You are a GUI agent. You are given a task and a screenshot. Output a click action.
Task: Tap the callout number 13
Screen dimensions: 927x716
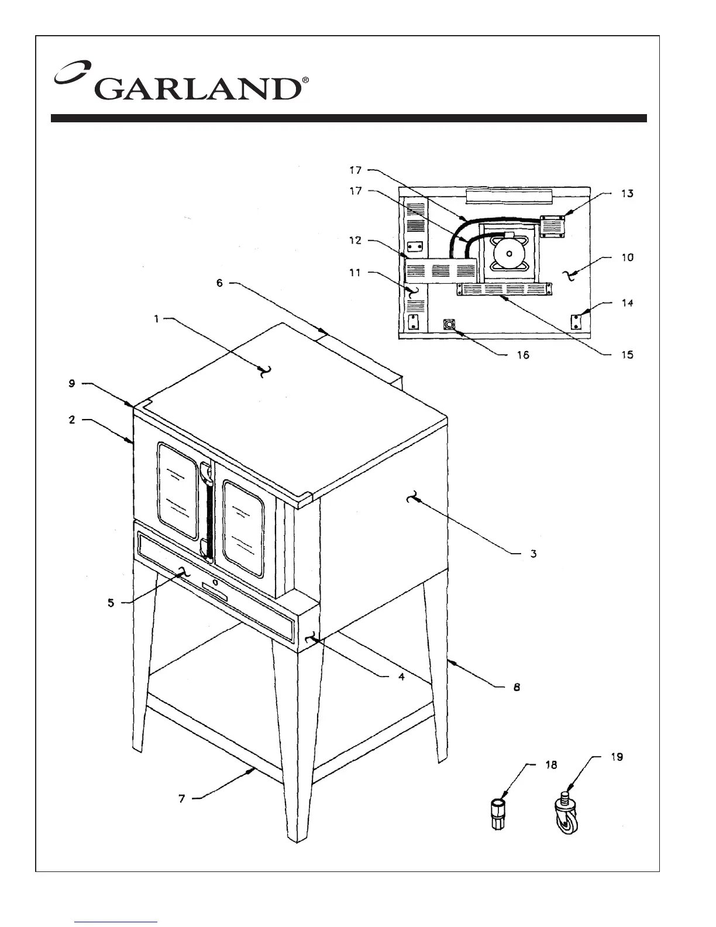pos(627,194)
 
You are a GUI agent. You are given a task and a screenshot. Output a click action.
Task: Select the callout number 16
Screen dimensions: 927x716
pos(522,355)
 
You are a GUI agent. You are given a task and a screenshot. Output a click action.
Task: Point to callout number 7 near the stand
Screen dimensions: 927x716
pos(182,798)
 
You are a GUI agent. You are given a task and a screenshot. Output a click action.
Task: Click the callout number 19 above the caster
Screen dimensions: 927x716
pos(617,757)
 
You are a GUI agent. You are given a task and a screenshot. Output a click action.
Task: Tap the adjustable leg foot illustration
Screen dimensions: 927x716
pos(497,813)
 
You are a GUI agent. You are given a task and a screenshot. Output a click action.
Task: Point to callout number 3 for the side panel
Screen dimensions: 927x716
pos(533,553)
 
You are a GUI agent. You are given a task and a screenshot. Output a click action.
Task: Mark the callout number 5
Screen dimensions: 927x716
pos(111,603)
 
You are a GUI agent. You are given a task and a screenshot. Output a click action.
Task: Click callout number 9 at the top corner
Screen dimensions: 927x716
pos(71,384)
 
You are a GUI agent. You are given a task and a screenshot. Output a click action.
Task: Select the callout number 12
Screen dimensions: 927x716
pos(356,241)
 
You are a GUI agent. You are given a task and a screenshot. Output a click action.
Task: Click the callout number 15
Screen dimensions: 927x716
pos(627,355)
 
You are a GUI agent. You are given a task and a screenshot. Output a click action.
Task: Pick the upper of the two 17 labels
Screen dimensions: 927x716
pos(356,171)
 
